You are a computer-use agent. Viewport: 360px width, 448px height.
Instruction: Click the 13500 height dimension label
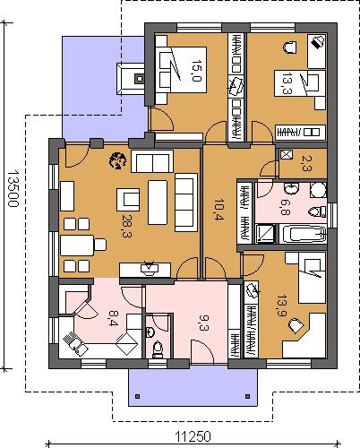point(13,188)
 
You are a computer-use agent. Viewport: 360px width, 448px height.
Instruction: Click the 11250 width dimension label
point(193,436)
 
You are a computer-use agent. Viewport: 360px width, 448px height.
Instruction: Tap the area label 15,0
point(197,71)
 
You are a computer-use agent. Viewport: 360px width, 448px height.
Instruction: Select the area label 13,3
point(287,83)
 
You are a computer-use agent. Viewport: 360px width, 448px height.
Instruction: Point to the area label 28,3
point(127,226)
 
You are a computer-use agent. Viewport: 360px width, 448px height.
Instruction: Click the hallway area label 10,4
point(219,210)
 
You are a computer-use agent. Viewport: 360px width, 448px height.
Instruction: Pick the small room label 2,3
point(306,164)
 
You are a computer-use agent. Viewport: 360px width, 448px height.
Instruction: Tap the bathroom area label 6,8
point(285,207)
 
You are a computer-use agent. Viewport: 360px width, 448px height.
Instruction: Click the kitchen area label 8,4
point(113,318)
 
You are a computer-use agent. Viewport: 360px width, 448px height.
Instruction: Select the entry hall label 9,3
point(203,323)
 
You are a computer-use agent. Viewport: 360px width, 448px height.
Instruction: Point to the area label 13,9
point(281,306)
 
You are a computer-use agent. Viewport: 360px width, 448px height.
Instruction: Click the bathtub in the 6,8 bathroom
point(304,234)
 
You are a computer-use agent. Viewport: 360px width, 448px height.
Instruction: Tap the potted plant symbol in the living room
point(117,160)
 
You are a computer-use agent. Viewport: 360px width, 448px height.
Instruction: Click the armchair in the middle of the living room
point(128,200)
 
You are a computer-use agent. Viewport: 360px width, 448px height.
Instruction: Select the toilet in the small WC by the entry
point(157,350)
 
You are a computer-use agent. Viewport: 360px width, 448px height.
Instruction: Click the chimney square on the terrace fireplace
point(139,79)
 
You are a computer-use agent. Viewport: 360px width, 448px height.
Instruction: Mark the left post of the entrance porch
point(137,396)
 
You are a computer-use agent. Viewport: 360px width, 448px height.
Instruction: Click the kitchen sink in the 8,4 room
point(75,343)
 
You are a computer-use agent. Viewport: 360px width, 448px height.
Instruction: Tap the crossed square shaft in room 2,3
point(286,155)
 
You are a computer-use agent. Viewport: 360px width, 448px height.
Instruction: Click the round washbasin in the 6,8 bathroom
point(291,189)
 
